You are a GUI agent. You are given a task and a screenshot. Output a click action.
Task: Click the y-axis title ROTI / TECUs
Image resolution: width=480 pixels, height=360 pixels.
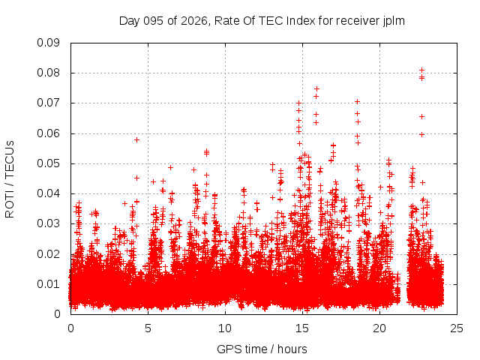pyautogui.click(x=10, y=178)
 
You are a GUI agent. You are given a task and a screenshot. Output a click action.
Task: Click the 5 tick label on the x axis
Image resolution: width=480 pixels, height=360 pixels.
pyautogui.click(x=148, y=328)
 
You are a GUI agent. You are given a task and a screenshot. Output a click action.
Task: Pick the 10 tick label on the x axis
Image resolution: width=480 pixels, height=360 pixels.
pyautogui.click(x=226, y=328)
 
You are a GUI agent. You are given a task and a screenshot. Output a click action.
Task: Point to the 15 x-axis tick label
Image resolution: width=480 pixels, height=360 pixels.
pyautogui.click(x=303, y=328)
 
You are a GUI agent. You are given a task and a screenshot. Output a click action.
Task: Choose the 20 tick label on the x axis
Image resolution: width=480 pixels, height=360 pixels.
pyautogui.click(x=380, y=328)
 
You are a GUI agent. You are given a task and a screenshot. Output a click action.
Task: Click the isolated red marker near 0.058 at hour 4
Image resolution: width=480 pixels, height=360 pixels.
pyautogui.click(x=136, y=139)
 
